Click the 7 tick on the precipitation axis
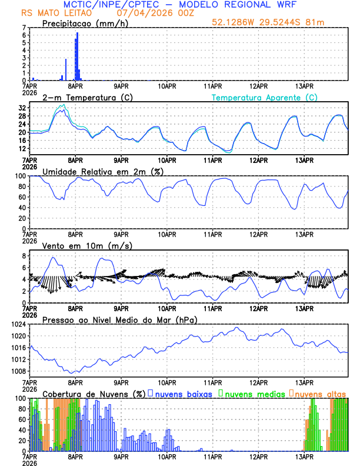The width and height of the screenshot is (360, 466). pyautogui.click(x=23, y=28)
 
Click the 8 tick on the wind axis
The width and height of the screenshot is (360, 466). pyautogui.click(x=23, y=256)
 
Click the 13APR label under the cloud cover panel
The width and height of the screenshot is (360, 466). pyautogui.click(x=304, y=456)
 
